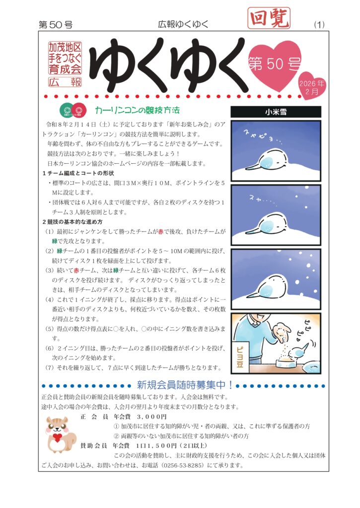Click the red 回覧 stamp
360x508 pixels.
pyautogui.click(x=269, y=18)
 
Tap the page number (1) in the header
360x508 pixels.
pyautogui.click(x=319, y=25)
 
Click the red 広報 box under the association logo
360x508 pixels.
pyautogui.click(x=65, y=82)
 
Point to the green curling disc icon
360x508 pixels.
pyautogui.click(x=67, y=110)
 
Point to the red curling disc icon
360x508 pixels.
pyautogui.click(x=79, y=110)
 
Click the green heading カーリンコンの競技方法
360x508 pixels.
pyautogui.click(x=137, y=110)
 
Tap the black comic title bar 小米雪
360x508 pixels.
pyautogui.click(x=276, y=112)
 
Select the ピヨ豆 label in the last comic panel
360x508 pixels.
pyautogui.click(x=240, y=357)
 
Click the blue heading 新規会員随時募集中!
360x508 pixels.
pyautogui.click(x=185, y=385)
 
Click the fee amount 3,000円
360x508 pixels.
pyautogui.click(x=151, y=417)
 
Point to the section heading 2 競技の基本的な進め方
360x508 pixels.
pyautogui.click(x=72, y=222)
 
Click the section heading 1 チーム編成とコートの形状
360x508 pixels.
pyautogui.click(x=78, y=173)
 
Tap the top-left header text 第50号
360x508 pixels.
pyautogui.click(x=56, y=25)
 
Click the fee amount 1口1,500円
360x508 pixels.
pyautogui.click(x=156, y=446)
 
